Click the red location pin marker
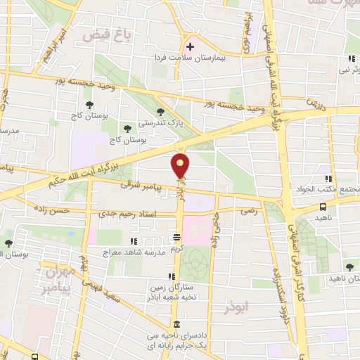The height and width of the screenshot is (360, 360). click(181, 166)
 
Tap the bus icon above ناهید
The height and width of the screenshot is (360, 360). click(323, 207)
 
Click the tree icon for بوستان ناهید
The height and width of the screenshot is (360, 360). click(350, 266)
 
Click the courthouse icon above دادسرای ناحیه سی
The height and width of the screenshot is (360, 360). click(175, 324)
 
